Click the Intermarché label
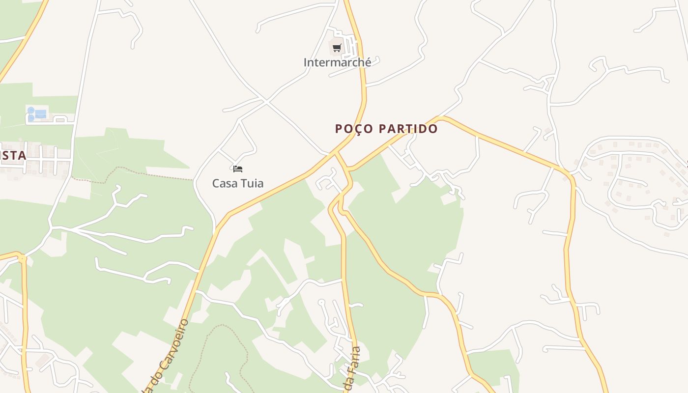tap(337, 63)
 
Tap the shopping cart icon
tap(337, 48)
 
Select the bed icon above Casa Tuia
tap(238, 169)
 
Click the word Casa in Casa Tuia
tap(222, 183)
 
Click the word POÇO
tap(352, 129)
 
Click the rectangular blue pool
tap(41, 114)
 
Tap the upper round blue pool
tap(31, 111)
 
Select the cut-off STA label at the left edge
tap(13, 156)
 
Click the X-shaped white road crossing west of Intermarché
tap(266, 102)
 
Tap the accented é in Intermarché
tap(368, 63)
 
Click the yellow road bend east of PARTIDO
tap(442, 118)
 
